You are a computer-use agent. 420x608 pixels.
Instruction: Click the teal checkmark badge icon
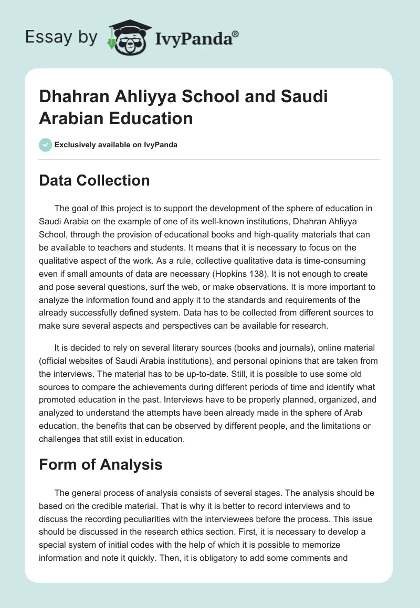(x=46, y=145)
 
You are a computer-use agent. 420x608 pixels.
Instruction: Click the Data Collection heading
(x=94, y=181)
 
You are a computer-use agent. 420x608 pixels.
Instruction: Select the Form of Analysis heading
(x=100, y=464)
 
